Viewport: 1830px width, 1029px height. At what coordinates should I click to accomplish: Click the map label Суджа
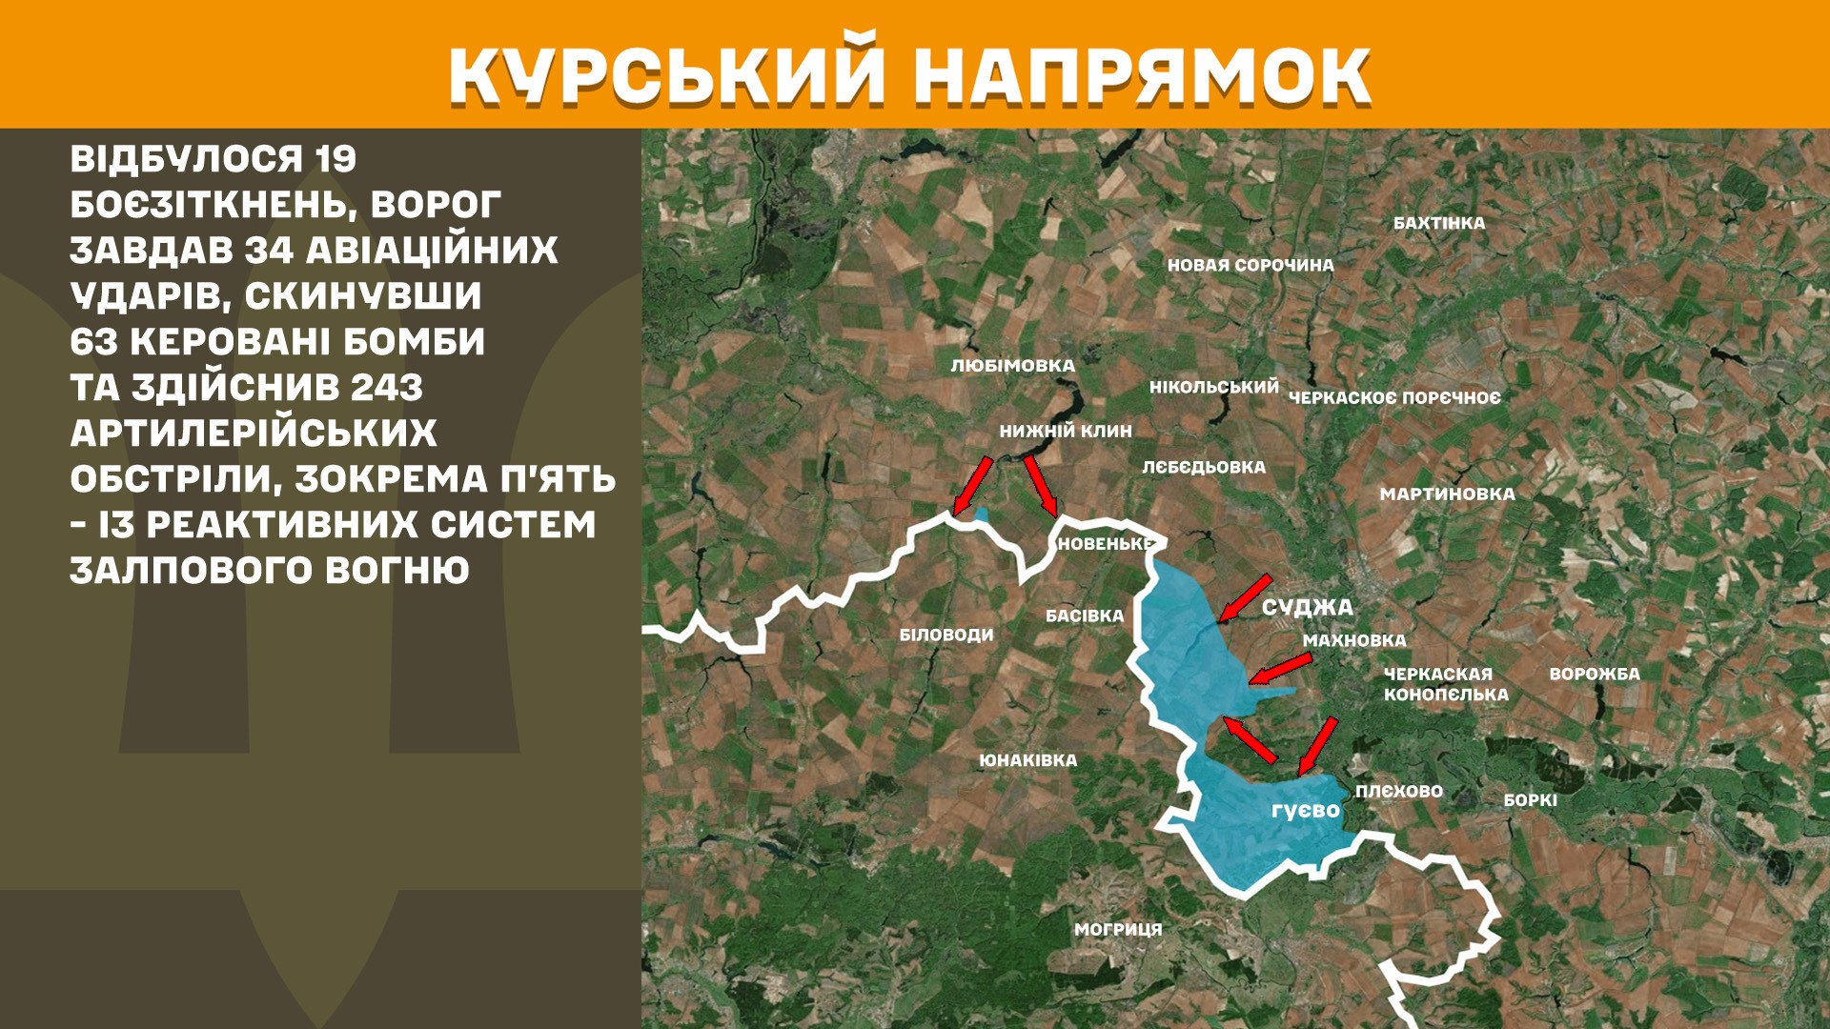tap(1307, 607)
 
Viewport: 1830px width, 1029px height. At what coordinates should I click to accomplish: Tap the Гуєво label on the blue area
tap(1305, 811)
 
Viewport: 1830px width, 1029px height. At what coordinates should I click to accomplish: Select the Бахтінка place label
tap(1439, 223)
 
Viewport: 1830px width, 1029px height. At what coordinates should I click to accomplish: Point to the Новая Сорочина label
tap(1250, 265)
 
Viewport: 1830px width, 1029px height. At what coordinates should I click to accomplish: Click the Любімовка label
tap(1012, 366)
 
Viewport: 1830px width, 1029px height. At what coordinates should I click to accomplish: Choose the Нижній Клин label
tap(1066, 431)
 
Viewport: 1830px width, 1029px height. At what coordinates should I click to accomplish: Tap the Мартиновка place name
tap(1447, 494)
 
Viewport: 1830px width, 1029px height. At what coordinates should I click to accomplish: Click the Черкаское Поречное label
tap(1394, 397)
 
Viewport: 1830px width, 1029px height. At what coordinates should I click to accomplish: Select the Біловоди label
tap(946, 635)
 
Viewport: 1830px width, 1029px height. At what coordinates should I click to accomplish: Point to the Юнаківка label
tap(1028, 760)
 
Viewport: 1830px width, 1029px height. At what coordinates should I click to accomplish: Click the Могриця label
tap(1118, 929)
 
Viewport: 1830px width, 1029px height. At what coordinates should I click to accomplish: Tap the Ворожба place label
tap(1595, 674)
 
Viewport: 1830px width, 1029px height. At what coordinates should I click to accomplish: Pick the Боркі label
tap(1531, 800)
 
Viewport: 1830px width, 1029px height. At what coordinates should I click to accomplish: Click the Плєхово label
tap(1399, 791)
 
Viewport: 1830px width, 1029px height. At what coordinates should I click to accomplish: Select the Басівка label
tap(1085, 615)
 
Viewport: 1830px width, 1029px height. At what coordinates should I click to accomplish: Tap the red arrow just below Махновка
tap(1280, 670)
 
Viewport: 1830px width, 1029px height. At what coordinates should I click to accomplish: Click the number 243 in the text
tap(386, 388)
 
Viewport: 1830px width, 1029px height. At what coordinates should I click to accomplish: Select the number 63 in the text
tap(93, 342)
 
